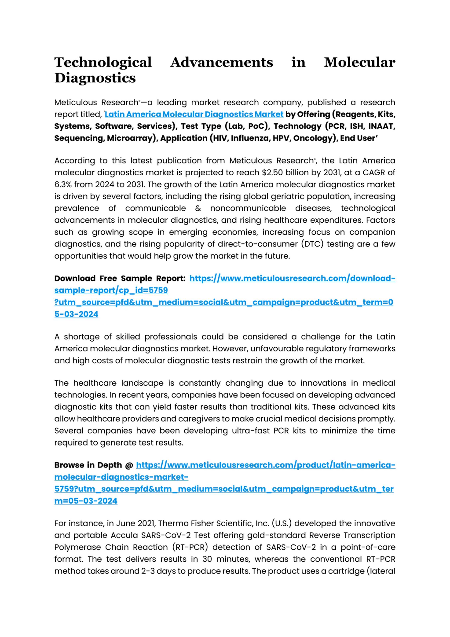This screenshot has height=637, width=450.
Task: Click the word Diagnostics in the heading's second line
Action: click(95, 78)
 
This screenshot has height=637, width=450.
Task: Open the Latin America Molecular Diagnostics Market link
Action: click(194, 114)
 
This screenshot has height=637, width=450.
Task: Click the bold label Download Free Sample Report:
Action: click(120, 278)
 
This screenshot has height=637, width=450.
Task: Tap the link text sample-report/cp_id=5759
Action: click(111, 290)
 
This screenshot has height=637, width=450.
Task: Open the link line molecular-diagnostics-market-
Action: click(121, 477)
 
